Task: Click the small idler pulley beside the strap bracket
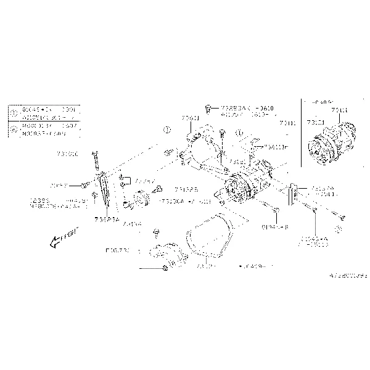pos(138,199)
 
